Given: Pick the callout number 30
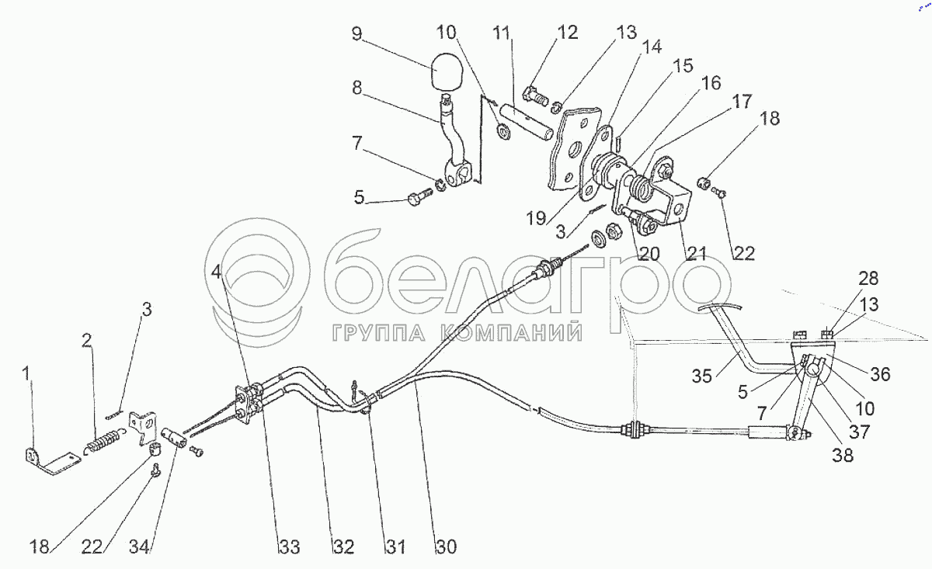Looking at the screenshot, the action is pos(445,547).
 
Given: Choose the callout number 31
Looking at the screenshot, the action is pos(396,547).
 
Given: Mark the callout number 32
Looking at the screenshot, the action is pos(344,547).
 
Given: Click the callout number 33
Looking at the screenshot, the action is pos(289,547).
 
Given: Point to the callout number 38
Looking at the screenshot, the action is pos(842,456).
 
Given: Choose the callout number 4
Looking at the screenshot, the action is pos(215,272).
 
